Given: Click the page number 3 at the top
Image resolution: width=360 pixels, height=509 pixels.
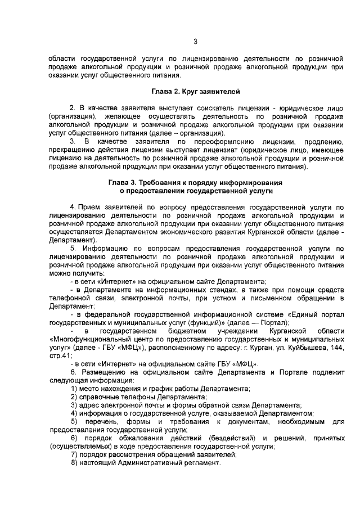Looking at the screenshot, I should (195, 40).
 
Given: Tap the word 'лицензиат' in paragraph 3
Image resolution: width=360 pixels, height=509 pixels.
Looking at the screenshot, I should (218, 151).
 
